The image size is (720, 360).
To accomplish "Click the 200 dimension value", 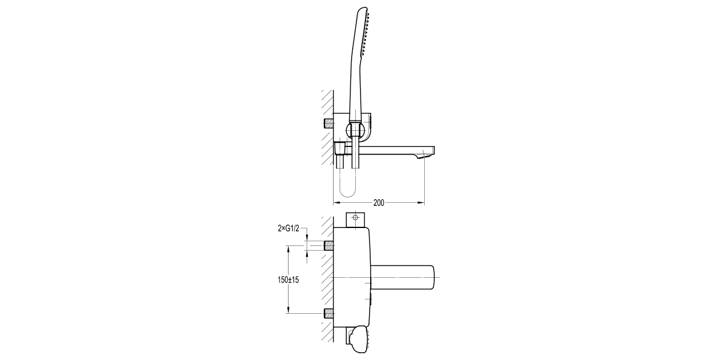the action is click(379, 203).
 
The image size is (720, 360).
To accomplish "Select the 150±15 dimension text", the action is click(289, 280).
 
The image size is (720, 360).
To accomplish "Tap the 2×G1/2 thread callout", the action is click(289, 228).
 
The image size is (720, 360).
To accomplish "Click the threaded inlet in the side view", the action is click(328, 124).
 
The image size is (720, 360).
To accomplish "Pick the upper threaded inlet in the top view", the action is click(329, 245).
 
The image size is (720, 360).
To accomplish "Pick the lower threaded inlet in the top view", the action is click(329, 313).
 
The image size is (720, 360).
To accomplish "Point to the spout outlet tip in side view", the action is click(425, 156).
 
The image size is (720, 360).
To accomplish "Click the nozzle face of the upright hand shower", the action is click(366, 35).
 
